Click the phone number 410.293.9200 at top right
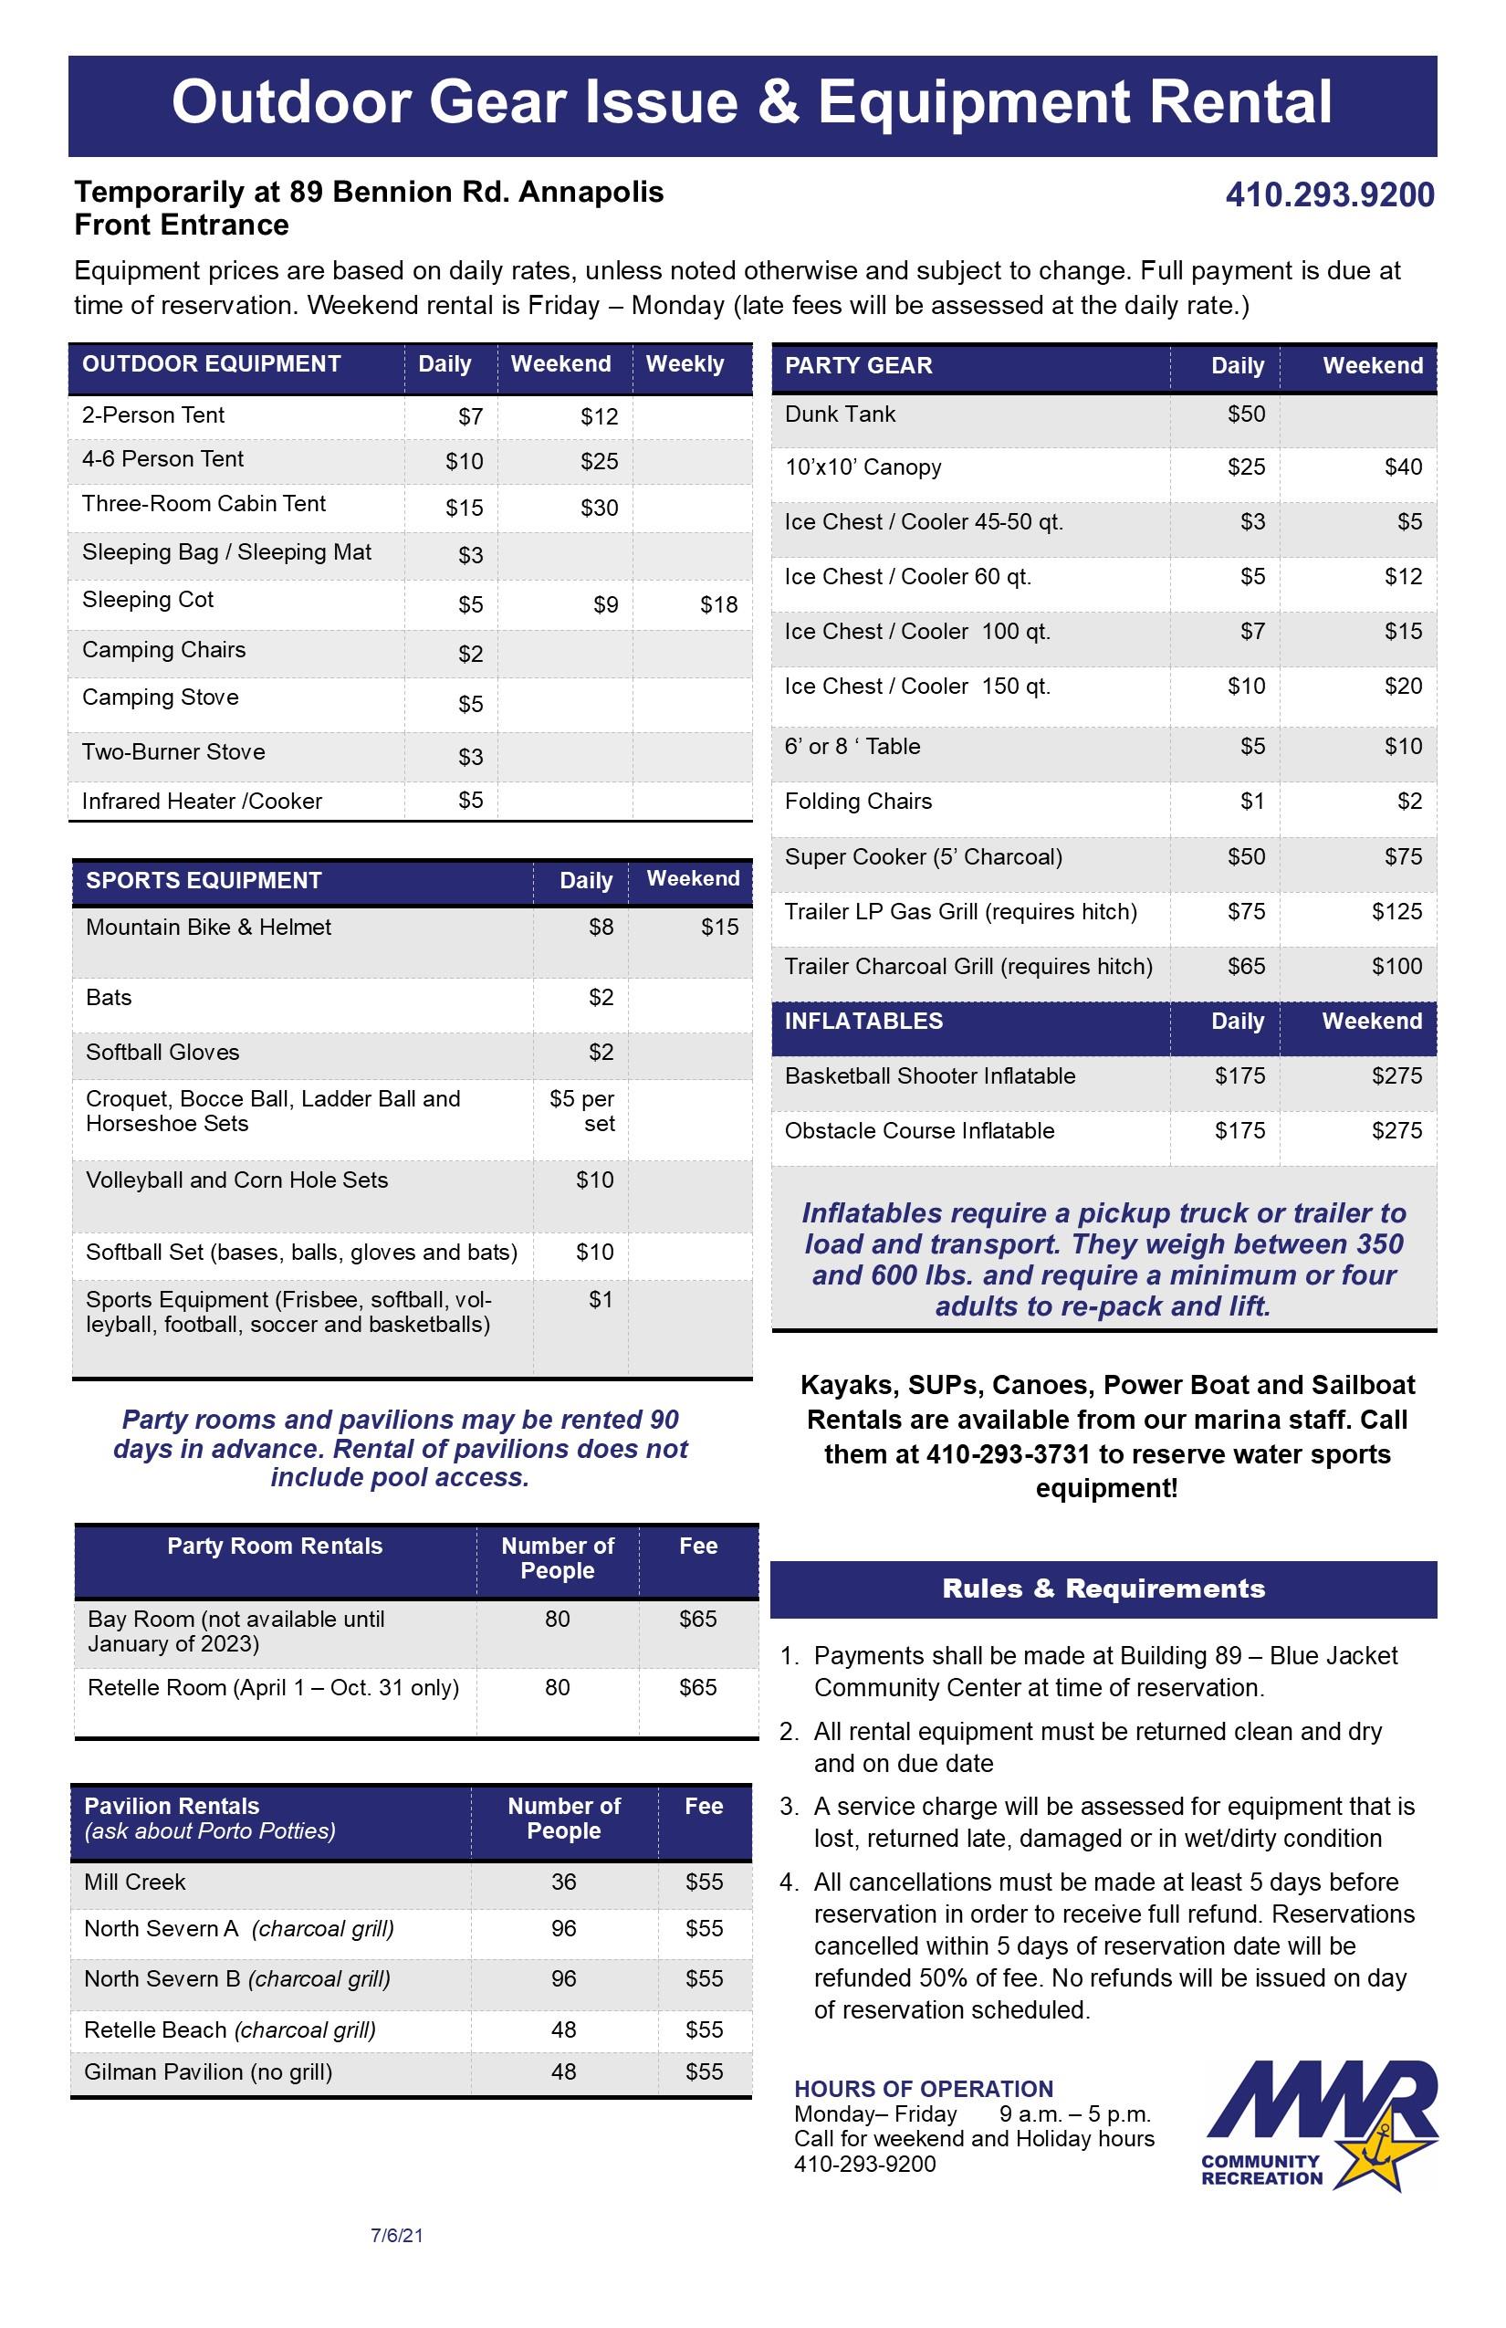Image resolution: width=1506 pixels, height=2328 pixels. pyautogui.click(x=1329, y=194)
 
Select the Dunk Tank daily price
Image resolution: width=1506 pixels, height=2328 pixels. pyautogui.click(x=1246, y=414)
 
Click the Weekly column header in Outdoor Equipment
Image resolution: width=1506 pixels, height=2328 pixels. pyautogui.click(x=685, y=364)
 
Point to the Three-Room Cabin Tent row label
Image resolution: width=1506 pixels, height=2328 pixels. pyautogui.click(x=204, y=504)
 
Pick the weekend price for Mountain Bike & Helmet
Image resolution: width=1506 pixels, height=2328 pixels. pyautogui.click(x=719, y=928)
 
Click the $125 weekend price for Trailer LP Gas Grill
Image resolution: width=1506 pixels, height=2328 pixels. pyautogui.click(x=1396, y=912)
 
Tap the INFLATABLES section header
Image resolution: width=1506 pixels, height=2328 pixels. pyautogui.click(x=863, y=1022)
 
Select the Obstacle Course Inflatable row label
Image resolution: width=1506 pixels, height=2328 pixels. pyautogui.click(x=919, y=1131)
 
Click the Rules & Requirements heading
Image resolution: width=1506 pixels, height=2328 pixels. pyautogui.click(x=1103, y=1589)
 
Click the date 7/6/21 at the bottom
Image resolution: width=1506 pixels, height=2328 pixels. pyautogui.click(x=396, y=2235)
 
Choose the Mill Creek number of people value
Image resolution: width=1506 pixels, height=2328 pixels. pyautogui.click(x=563, y=1882)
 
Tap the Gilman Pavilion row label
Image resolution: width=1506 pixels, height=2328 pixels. pyautogui.click(x=207, y=2071)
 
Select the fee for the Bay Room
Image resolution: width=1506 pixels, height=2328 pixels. pyautogui.click(x=697, y=1619)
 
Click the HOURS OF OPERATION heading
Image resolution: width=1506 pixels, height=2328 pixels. pyautogui.click(x=923, y=2090)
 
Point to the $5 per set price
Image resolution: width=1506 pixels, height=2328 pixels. pyautogui.click(x=582, y=1111)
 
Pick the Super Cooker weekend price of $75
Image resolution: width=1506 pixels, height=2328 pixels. pyautogui.click(x=1402, y=857)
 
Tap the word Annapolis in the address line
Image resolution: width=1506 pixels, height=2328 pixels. pyautogui.click(x=591, y=192)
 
